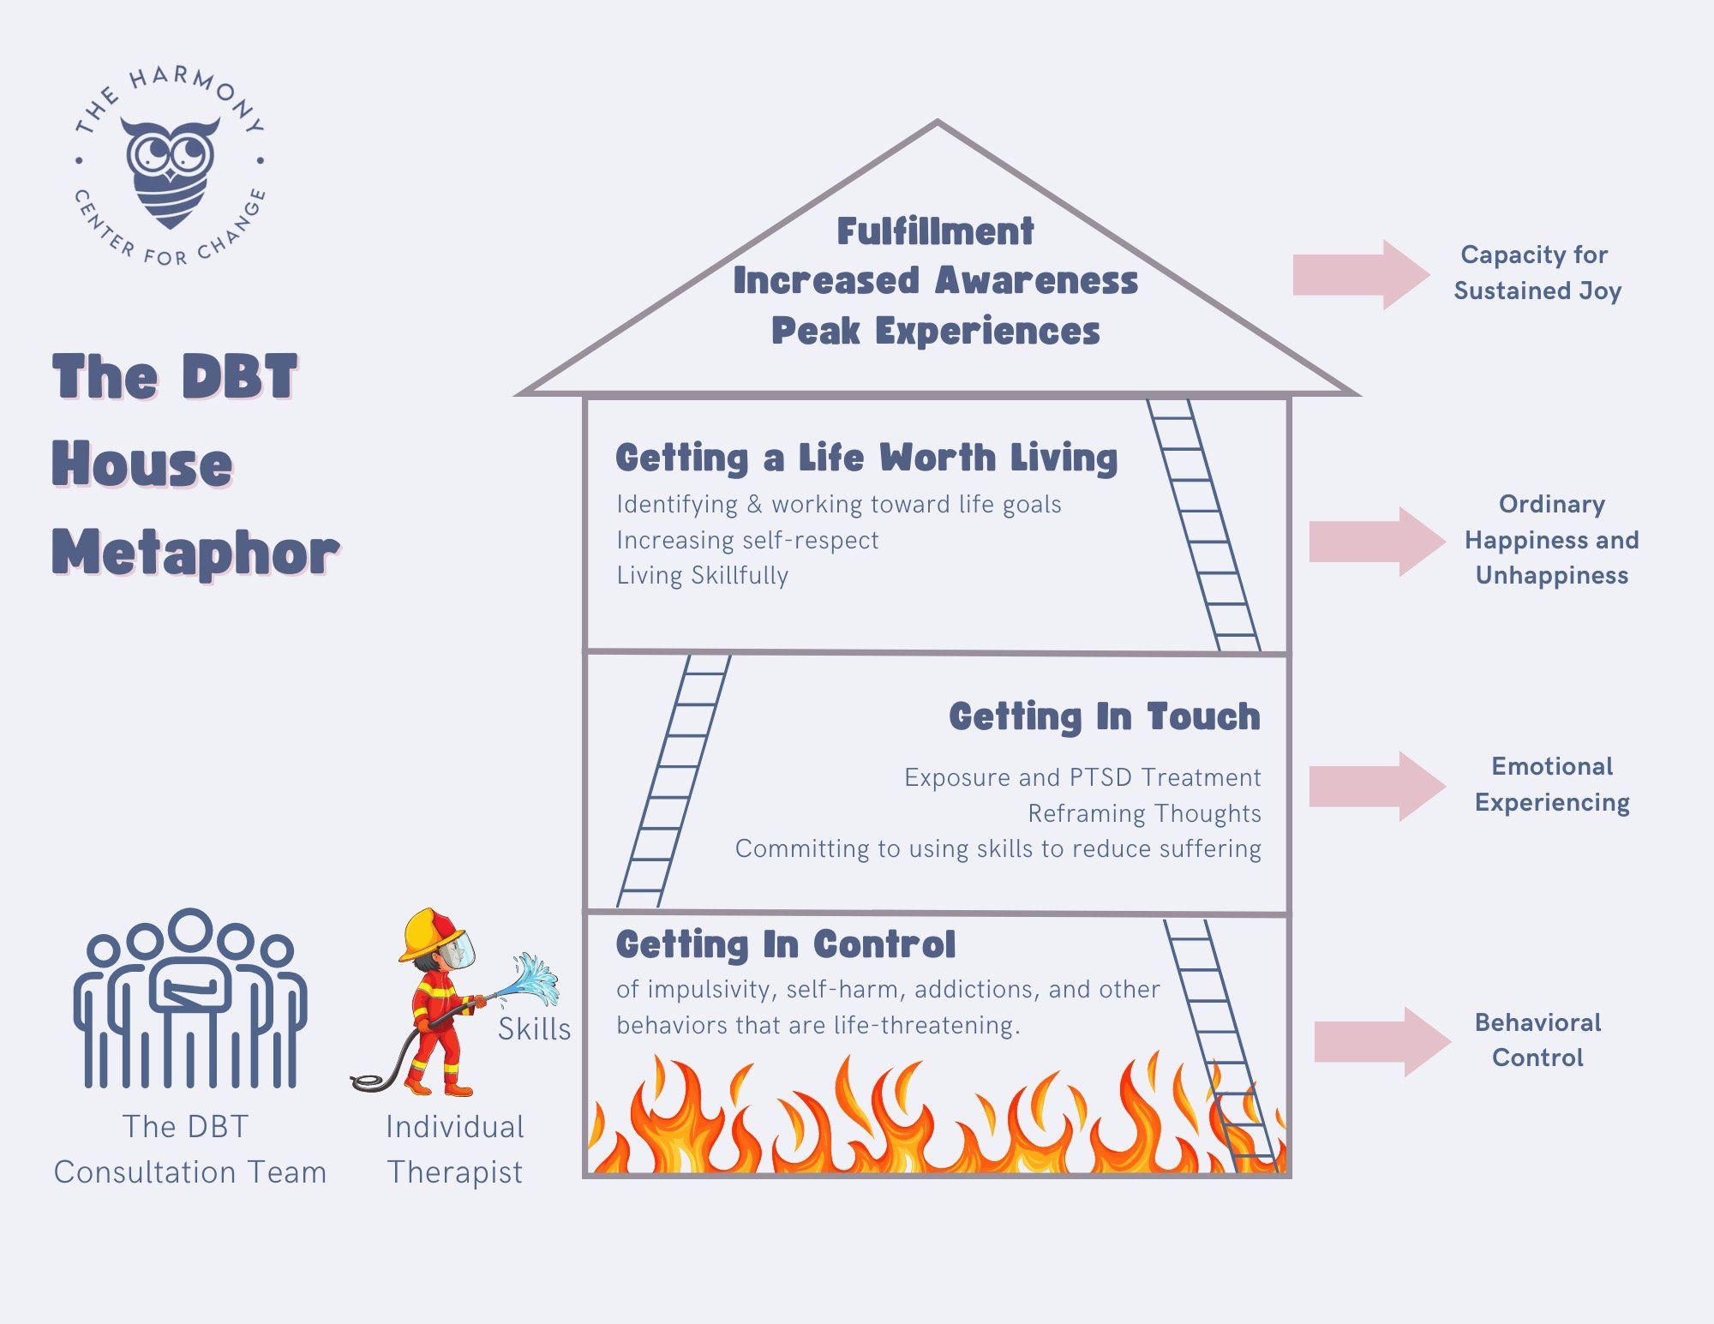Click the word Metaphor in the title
tap(195, 553)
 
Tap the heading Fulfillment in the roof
tap(935, 231)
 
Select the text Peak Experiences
tap(935, 331)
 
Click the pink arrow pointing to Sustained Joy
tap(1360, 274)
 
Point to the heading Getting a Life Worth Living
tap(866, 458)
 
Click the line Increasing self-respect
tap(747, 540)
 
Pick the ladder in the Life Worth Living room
tap(1204, 524)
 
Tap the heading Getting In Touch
tap(1104, 716)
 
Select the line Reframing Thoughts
tap(1144, 813)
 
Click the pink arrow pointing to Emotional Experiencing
tap(1376, 786)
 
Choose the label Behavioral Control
tap(1537, 1039)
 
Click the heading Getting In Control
tap(785, 944)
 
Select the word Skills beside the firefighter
tap(534, 1029)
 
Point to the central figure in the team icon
tap(189, 986)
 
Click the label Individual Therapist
tap(455, 1149)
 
